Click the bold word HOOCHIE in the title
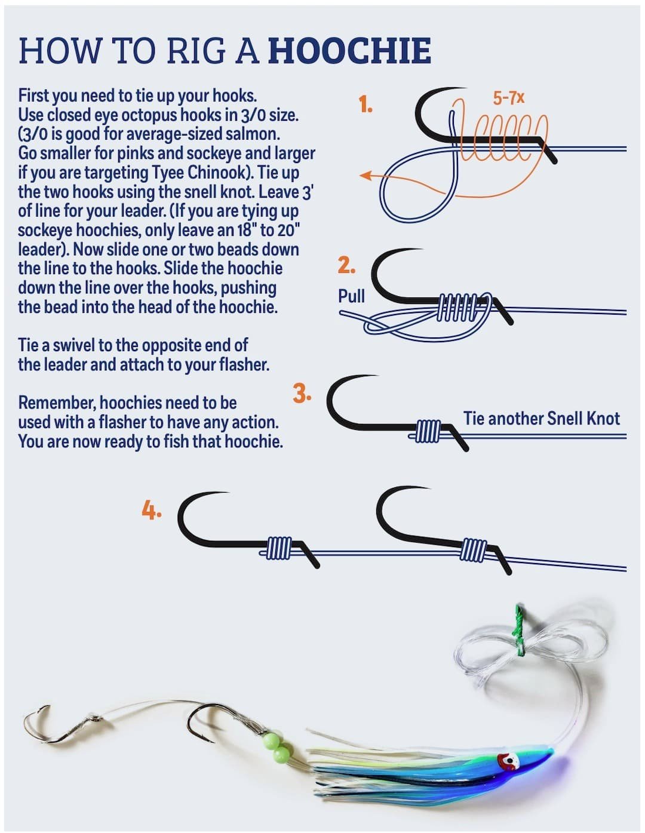coord(349,50)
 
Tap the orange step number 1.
coord(365,104)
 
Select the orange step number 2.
coord(346,265)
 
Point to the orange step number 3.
coord(302,394)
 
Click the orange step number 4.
coord(152,511)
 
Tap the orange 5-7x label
coord(509,98)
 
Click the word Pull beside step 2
coord(351,296)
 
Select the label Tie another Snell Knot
coord(542,418)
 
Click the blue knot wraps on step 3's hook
coord(428,431)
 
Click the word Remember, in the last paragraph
coord(57,403)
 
